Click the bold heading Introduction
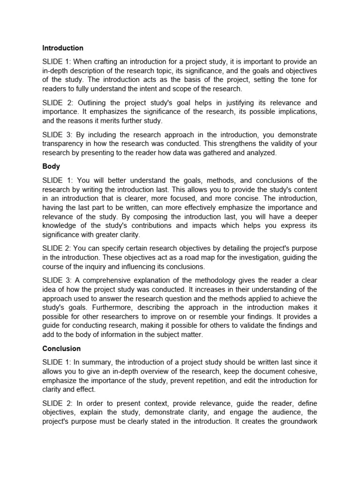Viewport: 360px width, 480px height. click(x=63, y=48)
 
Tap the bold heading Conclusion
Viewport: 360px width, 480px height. click(x=61, y=348)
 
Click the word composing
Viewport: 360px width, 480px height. click(x=148, y=217)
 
